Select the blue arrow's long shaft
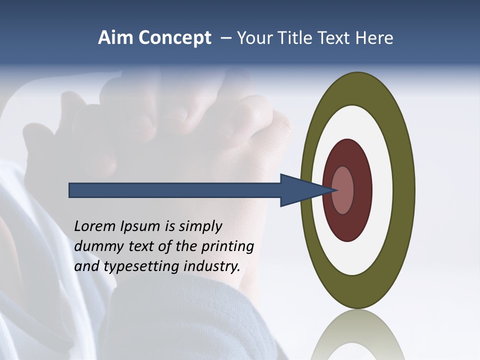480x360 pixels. coord(175,190)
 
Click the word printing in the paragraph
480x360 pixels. coord(228,246)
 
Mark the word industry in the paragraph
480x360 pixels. coord(212,266)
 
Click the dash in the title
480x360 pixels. coord(225,38)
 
